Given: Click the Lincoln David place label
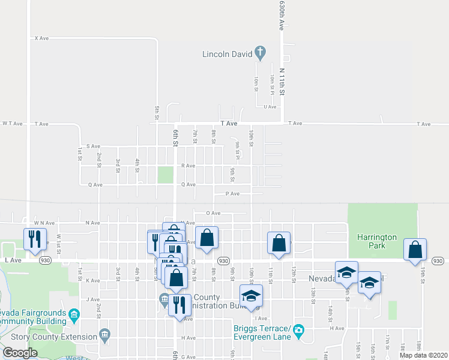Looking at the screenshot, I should (228, 53).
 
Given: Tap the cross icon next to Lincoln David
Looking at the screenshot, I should (260, 53).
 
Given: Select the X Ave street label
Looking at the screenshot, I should (41, 38).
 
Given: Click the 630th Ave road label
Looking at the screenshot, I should (280, 15).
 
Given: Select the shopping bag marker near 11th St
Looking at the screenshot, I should (279, 244).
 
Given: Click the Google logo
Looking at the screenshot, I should (20, 353).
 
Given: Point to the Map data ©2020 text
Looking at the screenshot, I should (423, 355).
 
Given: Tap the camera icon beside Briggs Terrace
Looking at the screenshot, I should (300, 330).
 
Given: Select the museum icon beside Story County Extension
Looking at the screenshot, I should (105, 334).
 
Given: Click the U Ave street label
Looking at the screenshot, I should (270, 107).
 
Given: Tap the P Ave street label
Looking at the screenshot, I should (232, 194).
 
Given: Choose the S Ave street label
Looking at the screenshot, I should (92, 146).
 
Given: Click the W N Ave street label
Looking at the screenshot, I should (45, 223).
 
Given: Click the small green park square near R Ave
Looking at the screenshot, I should (165, 175).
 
